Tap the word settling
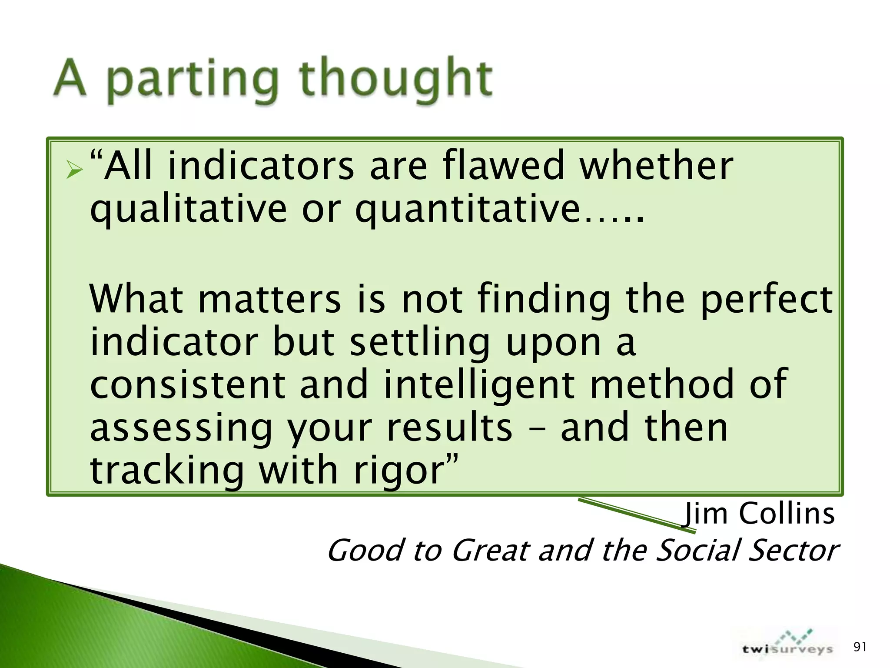click(419, 343)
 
